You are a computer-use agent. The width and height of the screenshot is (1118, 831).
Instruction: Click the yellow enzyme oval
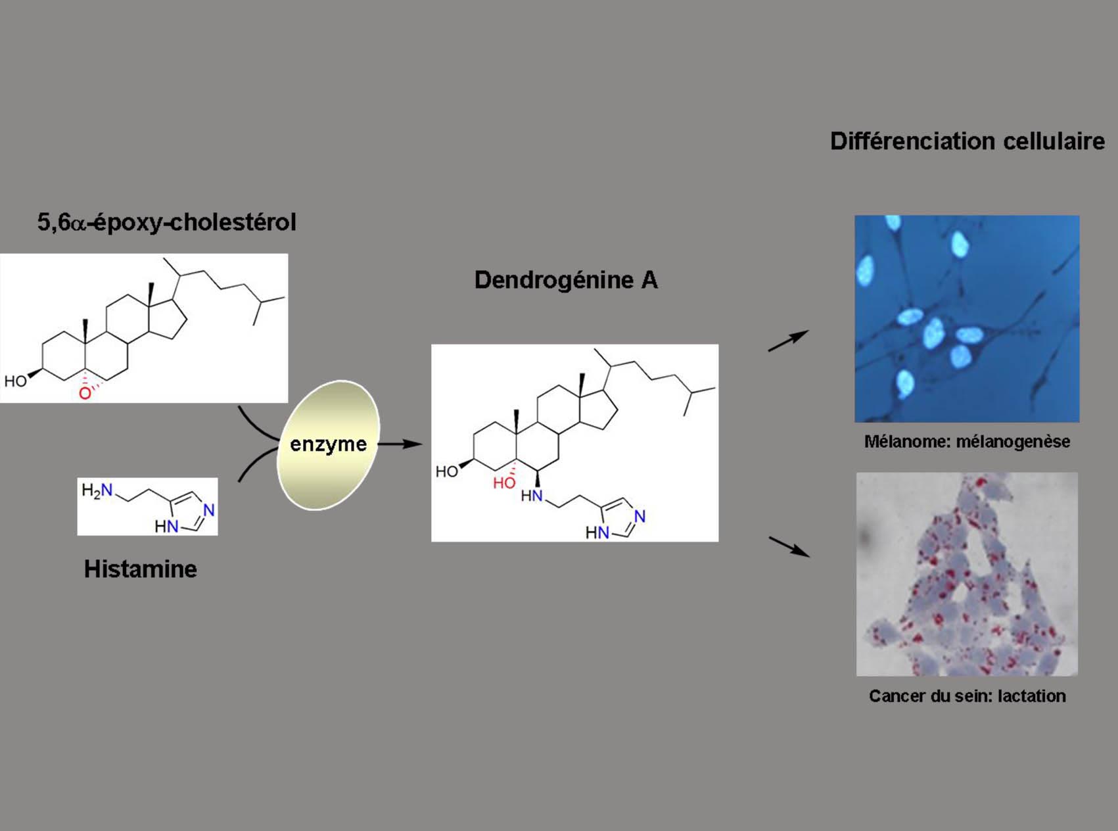pyautogui.click(x=328, y=444)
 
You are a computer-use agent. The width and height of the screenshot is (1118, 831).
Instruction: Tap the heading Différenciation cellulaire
pyautogui.click(x=967, y=141)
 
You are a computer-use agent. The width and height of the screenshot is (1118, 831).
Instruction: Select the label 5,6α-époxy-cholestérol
pyautogui.click(x=166, y=222)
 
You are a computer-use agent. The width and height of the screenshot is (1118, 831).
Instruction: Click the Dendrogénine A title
pyautogui.click(x=566, y=280)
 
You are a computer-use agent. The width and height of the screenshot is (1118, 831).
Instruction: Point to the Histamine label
pyautogui.click(x=140, y=569)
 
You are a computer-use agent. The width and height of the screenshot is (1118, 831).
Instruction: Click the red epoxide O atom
pyautogui.click(x=85, y=393)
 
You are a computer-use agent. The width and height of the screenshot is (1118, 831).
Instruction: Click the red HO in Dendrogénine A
pyautogui.click(x=504, y=483)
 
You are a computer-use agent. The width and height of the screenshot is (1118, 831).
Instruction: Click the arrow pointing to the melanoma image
pyautogui.click(x=788, y=341)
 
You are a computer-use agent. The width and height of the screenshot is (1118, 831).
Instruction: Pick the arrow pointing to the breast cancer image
pyautogui.click(x=789, y=546)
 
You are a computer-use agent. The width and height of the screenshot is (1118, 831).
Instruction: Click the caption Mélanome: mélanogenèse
pyautogui.click(x=967, y=442)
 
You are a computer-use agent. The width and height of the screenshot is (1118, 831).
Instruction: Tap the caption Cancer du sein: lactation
pyautogui.click(x=967, y=696)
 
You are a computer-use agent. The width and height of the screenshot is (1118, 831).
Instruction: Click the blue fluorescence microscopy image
pyautogui.click(x=967, y=318)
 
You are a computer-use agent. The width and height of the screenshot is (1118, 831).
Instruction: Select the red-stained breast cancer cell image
pyautogui.click(x=967, y=574)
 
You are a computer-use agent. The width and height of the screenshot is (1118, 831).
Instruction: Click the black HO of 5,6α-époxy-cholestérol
pyautogui.click(x=15, y=381)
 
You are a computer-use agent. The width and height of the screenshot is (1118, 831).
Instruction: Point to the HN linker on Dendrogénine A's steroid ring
pyautogui.click(x=532, y=496)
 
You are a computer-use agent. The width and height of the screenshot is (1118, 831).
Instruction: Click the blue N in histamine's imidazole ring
pyautogui.click(x=209, y=510)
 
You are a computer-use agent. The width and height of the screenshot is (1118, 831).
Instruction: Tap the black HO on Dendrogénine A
pyautogui.click(x=446, y=471)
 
